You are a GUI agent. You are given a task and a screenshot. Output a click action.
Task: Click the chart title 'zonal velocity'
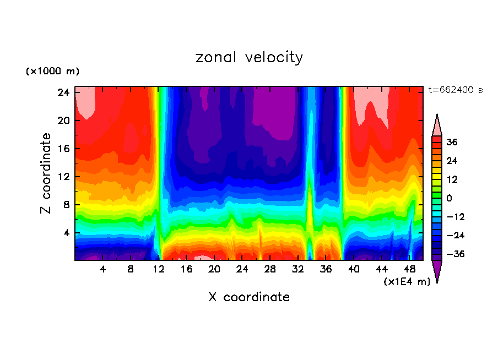(249, 57)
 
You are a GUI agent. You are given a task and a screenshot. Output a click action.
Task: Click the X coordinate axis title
(249, 297)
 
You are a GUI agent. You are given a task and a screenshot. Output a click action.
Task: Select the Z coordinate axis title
(47, 173)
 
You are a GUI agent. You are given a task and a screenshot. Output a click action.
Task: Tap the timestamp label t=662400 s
(455, 90)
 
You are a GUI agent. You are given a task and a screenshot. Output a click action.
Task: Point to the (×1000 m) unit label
(52, 72)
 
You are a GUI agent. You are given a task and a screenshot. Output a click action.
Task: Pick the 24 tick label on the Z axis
(63, 92)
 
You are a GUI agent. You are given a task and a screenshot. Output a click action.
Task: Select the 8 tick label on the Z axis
(66, 205)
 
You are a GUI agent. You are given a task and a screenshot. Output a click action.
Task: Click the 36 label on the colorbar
(452, 142)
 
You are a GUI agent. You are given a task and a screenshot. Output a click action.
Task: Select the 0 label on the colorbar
(449, 198)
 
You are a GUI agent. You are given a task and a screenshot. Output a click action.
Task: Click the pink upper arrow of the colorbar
(437, 126)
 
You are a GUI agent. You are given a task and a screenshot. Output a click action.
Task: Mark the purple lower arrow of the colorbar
(437, 271)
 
